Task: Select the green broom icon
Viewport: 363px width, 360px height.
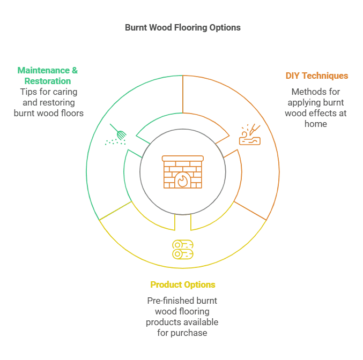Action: tap(117, 135)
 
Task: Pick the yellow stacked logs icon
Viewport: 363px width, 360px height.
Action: tap(182, 249)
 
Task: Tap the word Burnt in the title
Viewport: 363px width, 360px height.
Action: tap(136, 27)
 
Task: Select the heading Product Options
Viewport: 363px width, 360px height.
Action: tap(182, 284)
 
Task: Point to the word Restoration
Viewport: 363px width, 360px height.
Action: tap(47, 81)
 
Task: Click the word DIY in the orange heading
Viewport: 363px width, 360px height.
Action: tap(293, 76)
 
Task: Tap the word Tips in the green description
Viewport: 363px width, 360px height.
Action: tap(28, 92)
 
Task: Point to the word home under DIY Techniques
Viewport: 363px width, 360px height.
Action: tap(315, 124)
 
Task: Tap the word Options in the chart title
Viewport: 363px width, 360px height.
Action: tap(226, 27)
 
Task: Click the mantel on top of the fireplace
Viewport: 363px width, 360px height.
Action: tap(182, 158)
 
